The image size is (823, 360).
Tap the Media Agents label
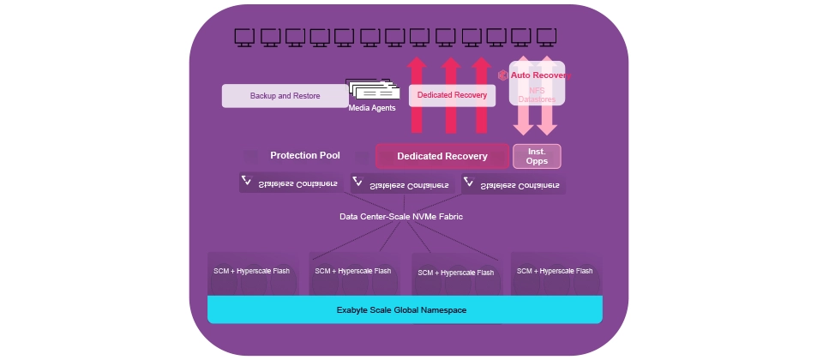(x=371, y=109)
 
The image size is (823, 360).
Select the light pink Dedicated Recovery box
(x=452, y=95)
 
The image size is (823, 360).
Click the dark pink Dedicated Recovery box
(x=442, y=156)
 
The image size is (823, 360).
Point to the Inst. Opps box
(x=537, y=156)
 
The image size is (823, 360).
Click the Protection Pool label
(x=305, y=156)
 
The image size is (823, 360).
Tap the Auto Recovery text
(x=539, y=75)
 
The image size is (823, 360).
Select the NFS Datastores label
(x=537, y=95)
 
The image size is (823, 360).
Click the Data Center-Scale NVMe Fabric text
(x=401, y=217)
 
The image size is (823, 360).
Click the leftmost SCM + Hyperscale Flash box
(x=251, y=273)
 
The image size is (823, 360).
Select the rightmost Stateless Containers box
(x=514, y=184)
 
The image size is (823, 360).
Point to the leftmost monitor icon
(x=244, y=36)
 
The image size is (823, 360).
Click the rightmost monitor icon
(x=545, y=36)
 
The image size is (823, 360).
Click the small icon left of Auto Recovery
(x=503, y=75)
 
